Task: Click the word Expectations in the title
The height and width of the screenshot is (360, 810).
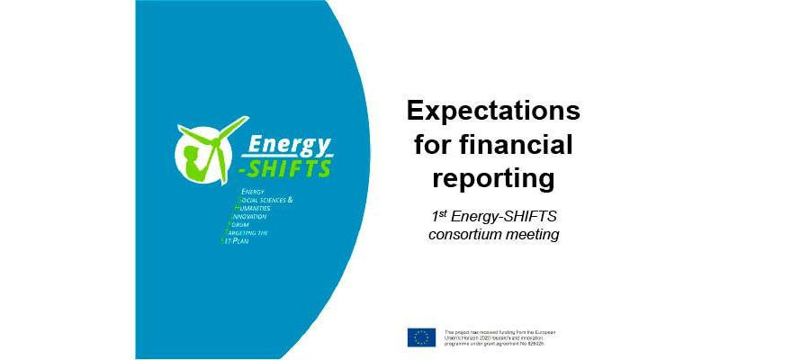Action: pyautogui.click(x=493, y=111)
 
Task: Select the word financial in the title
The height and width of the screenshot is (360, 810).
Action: pyautogui.click(x=526, y=144)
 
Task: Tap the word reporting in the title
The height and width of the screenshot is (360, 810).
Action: pyautogui.click(x=493, y=177)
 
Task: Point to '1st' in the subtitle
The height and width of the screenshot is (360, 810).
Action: pyautogui.click(x=441, y=217)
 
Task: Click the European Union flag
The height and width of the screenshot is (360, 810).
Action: pyautogui.click(x=421, y=337)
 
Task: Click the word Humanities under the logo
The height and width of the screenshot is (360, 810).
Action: pyautogui.click(x=261, y=207)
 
